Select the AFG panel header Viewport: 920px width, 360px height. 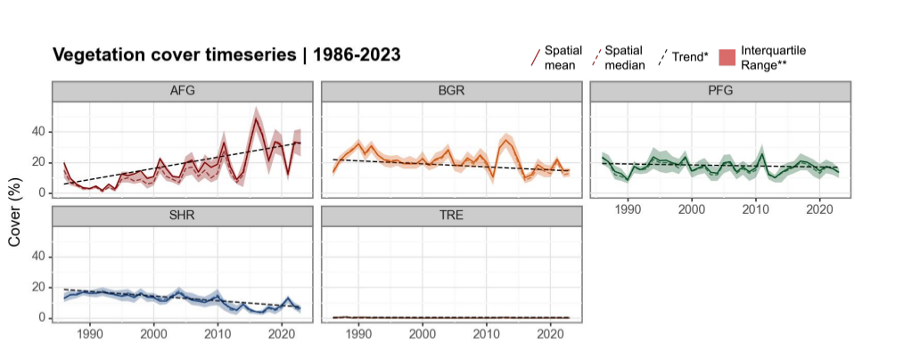point(182,91)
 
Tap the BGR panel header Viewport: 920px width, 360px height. point(451,91)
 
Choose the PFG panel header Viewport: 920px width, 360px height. point(719,91)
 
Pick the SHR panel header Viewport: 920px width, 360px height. point(182,216)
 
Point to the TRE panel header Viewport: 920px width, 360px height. point(451,216)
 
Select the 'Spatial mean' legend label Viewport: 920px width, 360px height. point(563,57)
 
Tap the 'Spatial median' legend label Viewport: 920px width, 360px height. point(625,57)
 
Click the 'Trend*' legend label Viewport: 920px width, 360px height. point(691,57)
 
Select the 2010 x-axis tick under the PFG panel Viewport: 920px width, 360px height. point(755,209)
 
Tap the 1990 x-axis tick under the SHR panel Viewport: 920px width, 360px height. point(89,334)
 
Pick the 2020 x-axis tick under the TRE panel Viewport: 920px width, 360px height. point(549,334)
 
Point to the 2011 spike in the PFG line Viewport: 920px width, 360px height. point(762,155)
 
